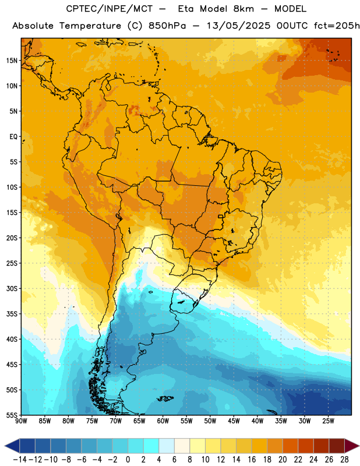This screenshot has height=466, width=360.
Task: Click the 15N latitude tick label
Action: coord(12,61)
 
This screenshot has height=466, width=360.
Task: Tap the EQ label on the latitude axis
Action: coord(13,137)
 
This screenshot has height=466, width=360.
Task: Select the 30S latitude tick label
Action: coord(12,288)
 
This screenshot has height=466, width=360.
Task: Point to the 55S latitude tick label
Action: coord(12,415)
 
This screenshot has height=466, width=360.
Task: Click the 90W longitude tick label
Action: coord(21,421)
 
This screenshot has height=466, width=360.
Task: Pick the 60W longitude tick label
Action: coord(163,421)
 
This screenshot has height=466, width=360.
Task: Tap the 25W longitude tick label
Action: coord(328,421)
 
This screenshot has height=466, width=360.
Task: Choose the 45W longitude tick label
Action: coord(234,421)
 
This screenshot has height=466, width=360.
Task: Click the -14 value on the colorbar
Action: coord(20,460)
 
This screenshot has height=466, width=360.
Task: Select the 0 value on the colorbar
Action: coord(128,460)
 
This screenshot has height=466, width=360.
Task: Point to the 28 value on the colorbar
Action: coord(344,460)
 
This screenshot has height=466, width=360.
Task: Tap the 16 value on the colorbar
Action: coord(252,460)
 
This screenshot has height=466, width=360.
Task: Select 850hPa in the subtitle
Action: coord(167,26)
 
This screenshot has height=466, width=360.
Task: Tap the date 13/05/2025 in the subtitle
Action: coord(238,26)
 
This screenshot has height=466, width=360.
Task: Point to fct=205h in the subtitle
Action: coord(337,26)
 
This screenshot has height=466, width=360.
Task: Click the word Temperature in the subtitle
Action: coord(90,26)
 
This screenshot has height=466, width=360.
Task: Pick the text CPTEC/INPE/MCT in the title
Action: coord(110,9)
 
